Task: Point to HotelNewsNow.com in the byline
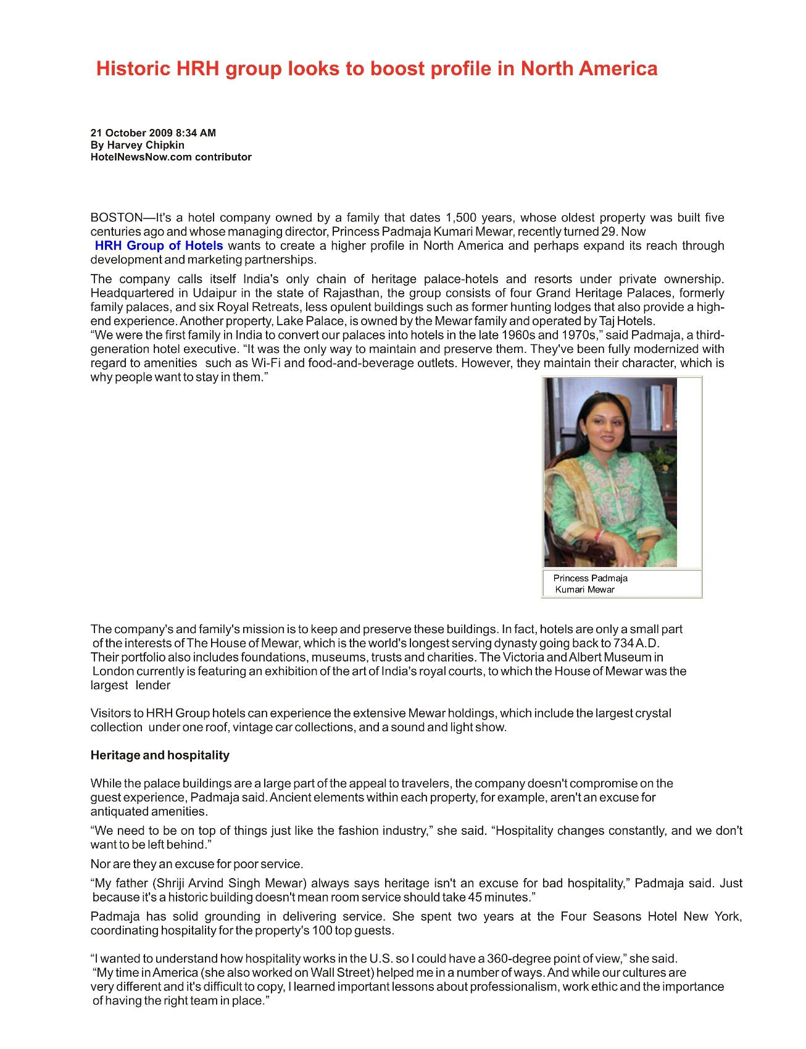[141, 157]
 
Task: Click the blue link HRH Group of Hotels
[159, 246]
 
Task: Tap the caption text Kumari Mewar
[584, 589]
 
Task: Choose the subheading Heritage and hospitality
[160, 755]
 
